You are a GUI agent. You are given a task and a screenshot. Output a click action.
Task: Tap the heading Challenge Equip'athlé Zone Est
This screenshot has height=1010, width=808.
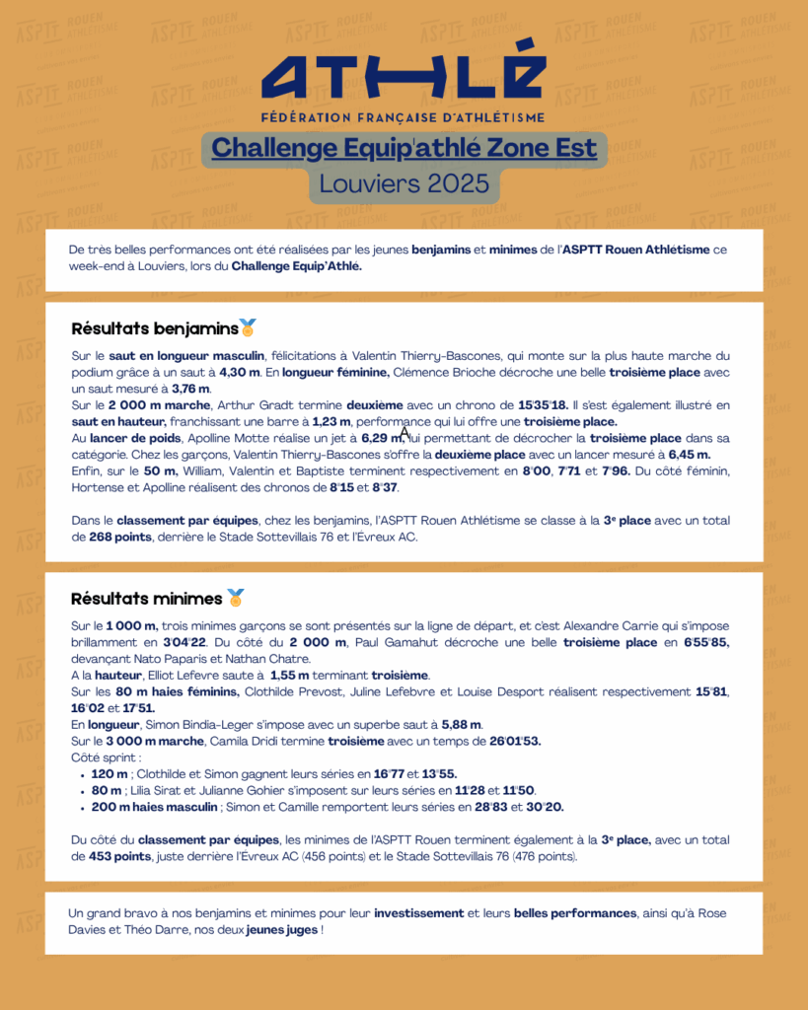[404, 148]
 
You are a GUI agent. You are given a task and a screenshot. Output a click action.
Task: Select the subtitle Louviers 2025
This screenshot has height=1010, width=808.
[404, 183]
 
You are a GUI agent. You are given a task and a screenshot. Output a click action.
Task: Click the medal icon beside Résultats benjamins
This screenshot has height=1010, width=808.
[248, 327]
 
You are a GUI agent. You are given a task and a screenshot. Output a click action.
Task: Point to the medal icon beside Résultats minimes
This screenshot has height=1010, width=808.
[236, 598]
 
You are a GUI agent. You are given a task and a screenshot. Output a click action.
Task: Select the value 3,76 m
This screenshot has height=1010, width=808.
[191, 388]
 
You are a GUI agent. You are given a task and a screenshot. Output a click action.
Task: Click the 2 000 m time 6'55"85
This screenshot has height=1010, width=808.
[700, 642]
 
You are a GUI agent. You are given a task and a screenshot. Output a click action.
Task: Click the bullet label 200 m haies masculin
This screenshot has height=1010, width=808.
[155, 807]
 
